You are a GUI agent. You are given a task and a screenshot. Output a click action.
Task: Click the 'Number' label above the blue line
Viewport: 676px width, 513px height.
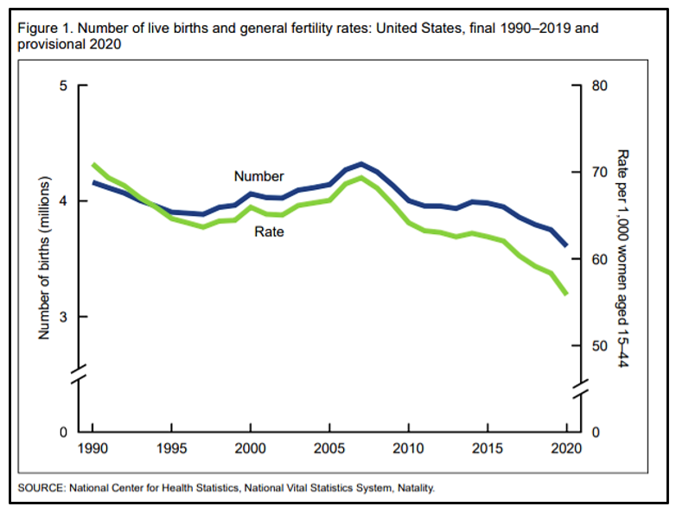coord(258,176)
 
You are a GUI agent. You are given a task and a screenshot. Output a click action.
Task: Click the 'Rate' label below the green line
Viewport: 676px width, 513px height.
coord(269,231)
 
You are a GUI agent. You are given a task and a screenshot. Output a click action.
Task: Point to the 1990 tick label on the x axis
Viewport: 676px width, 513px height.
coord(92,449)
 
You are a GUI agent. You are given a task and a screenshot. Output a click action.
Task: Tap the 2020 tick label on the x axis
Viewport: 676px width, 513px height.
coord(566,449)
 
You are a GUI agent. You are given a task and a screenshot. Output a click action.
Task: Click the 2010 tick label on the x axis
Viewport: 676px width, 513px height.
coord(408,449)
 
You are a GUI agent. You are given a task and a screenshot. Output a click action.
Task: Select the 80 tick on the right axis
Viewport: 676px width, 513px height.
coord(601,85)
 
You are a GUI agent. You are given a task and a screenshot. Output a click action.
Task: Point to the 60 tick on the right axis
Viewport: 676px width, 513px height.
coord(601,259)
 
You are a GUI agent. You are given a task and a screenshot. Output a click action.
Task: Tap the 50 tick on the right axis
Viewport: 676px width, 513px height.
coord(601,346)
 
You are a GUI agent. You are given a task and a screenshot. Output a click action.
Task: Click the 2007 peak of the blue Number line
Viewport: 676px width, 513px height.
coord(360,163)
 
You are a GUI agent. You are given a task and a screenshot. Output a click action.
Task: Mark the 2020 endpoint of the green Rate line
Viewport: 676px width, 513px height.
coord(566,294)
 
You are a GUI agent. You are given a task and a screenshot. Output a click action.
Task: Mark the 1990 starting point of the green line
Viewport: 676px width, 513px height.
coord(92,164)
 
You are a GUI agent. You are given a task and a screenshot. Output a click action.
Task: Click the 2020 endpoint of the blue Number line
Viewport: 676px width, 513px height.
coord(566,246)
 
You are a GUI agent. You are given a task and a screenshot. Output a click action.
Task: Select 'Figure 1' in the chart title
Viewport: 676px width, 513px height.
coord(42,28)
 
